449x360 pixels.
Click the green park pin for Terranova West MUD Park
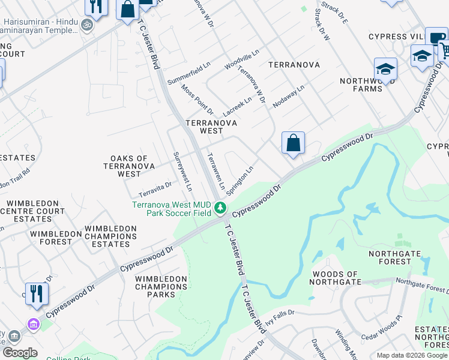(x=221, y=208)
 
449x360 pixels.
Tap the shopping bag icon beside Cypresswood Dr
(x=293, y=143)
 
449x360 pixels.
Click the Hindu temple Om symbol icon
(x=87, y=25)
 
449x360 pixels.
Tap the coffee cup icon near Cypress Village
(x=436, y=37)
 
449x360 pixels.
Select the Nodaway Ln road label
(x=289, y=95)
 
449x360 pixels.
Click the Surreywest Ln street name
(x=182, y=171)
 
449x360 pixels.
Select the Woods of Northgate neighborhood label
(x=336, y=278)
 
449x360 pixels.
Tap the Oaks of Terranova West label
(x=130, y=166)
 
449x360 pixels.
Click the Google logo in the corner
(x=19, y=353)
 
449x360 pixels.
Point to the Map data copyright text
(x=411, y=355)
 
